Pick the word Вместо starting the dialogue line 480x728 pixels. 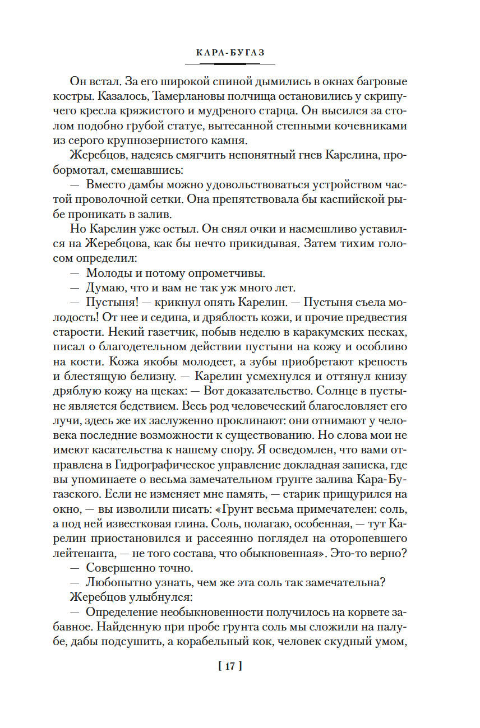tap(107, 184)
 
